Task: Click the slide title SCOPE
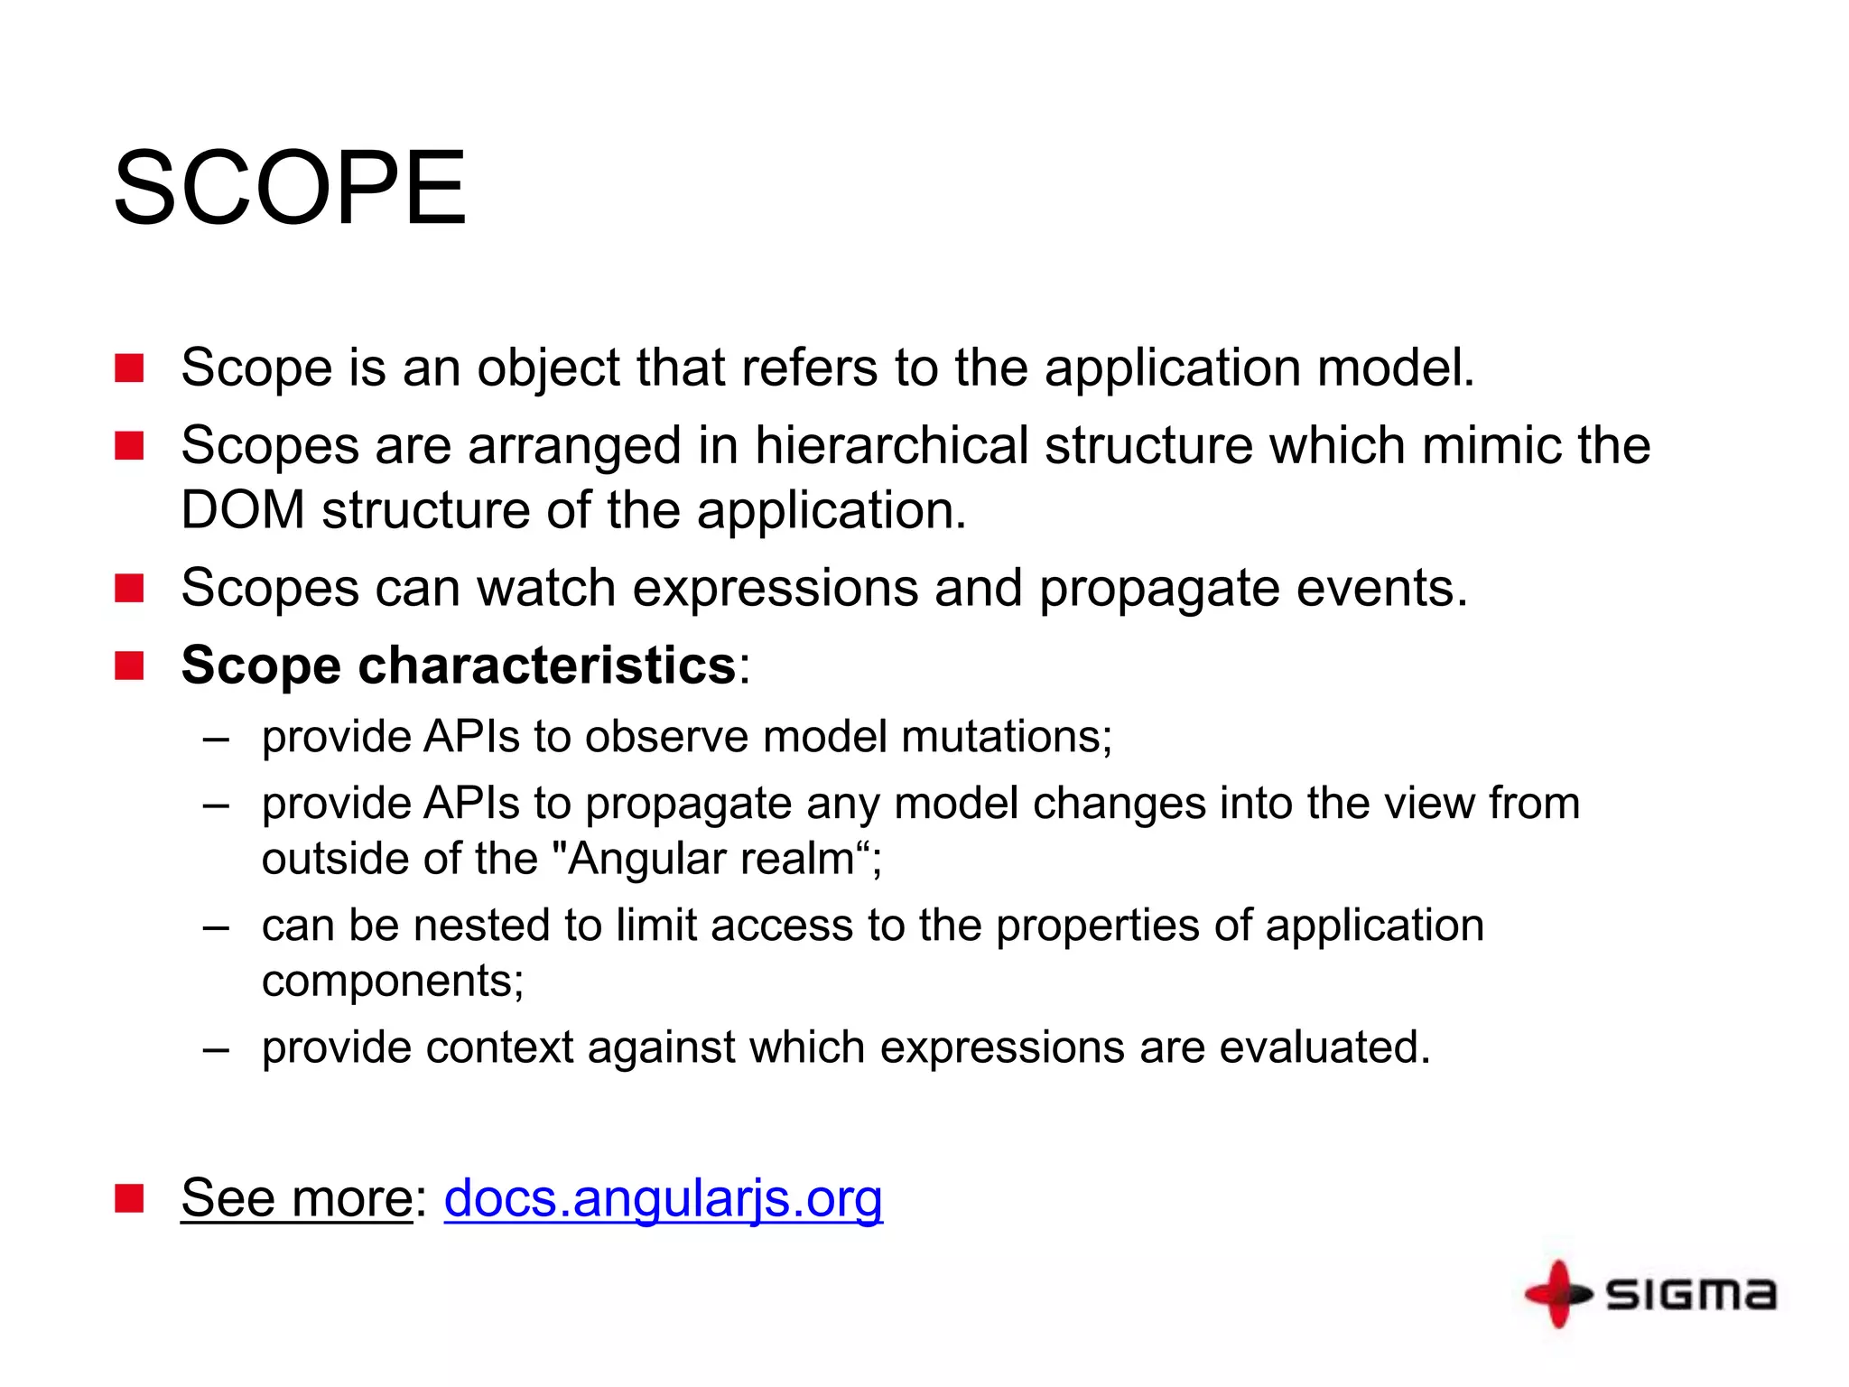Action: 290,189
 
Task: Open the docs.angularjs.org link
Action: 663,1198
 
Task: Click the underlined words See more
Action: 296,1198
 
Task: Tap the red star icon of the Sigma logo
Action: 1558,1294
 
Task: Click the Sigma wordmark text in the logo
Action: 1691,1294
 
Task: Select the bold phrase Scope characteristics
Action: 459,666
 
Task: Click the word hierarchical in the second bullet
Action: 891,445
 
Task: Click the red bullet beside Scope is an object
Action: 129,368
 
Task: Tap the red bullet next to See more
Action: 129,1199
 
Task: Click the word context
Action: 499,1047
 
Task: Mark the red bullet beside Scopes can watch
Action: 129,589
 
